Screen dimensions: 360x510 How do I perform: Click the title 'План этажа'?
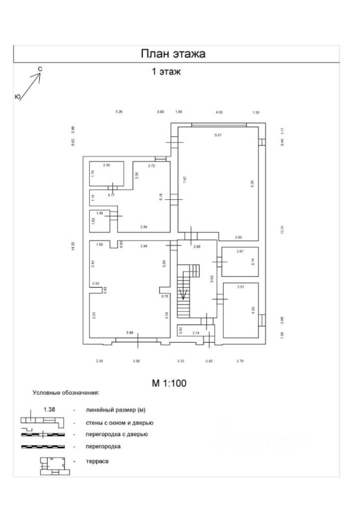[x=173, y=54]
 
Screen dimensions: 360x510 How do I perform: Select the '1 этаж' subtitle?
[x=166, y=72]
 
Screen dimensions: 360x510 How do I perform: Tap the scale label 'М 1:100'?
[x=169, y=382]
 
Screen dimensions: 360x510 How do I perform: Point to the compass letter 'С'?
[x=40, y=69]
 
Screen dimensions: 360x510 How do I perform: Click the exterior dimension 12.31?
[x=282, y=229]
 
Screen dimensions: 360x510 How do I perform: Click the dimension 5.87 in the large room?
[x=218, y=135]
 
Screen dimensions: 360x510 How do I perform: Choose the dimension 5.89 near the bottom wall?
[x=130, y=333]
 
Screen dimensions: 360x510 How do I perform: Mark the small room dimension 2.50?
[x=106, y=165]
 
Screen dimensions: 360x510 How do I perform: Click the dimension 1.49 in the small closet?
[x=100, y=213]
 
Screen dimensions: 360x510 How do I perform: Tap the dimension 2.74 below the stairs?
[x=195, y=333]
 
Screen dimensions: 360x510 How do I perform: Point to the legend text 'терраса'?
[x=98, y=461]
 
